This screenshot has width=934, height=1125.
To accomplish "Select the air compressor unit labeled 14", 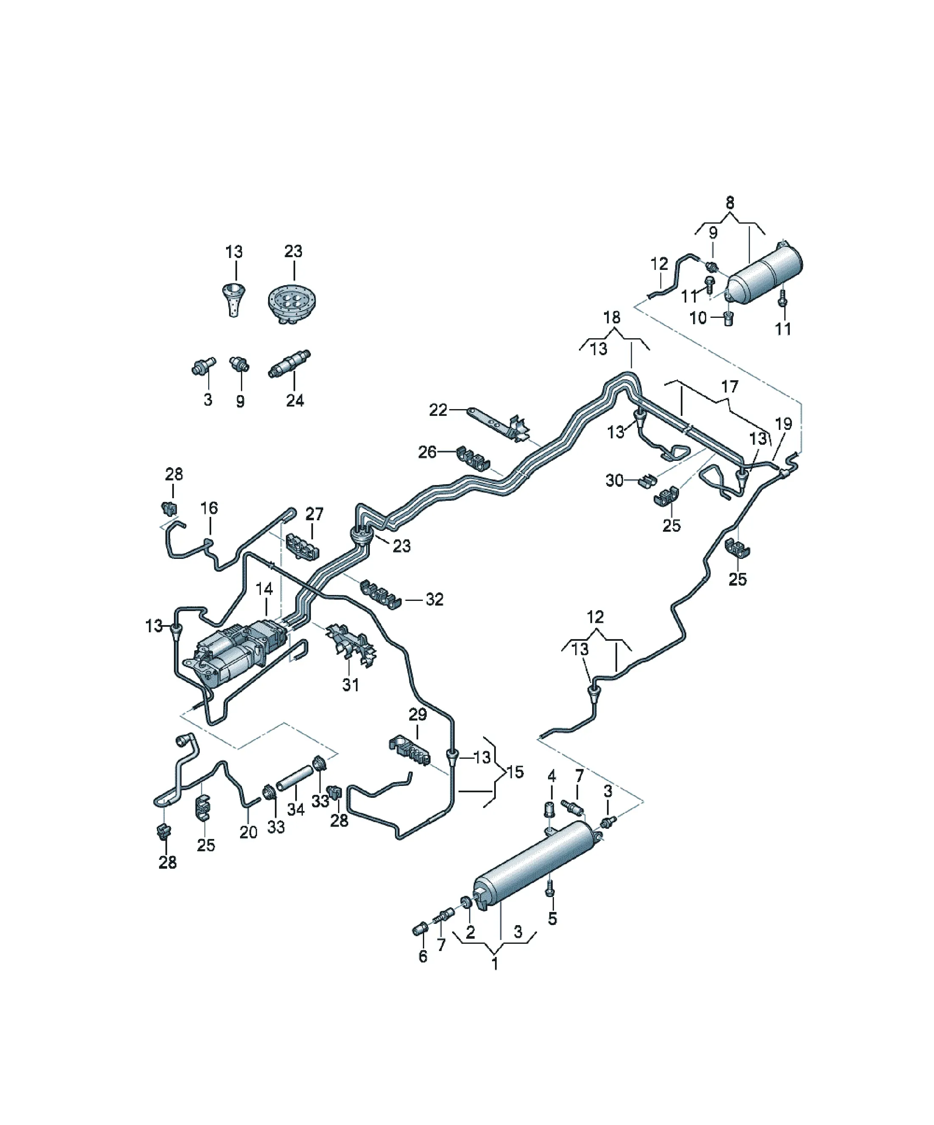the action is (x=236, y=651).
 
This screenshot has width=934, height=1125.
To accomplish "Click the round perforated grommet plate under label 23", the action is (x=292, y=302).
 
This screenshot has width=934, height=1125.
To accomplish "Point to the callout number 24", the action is (x=294, y=400).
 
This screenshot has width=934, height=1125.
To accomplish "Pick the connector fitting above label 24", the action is (x=289, y=364).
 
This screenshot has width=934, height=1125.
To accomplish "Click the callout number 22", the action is (x=438, y=410).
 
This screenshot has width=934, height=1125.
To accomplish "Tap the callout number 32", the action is (x=434, y=600).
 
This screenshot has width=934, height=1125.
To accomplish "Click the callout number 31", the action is (x=350, y=685).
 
